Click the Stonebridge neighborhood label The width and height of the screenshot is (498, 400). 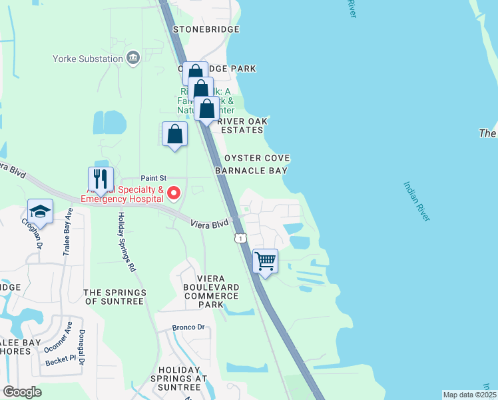pyautogui.click(x=206, y=30)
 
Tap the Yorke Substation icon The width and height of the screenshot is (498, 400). pyautogui.click(x=133, y=59)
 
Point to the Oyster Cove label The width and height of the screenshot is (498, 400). pyautogui.click(x=257, y=158)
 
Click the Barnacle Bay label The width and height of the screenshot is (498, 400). pyautogui.click(x=251, y=171)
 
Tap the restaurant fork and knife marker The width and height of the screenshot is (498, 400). pyautogui.click(x=101, y=179)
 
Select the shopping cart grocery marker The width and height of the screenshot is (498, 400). pyautogui.click(x=266, y=261)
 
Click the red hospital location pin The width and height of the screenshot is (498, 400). pyautogui.click(x=174, y=194)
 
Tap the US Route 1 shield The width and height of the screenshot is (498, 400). pyautogui.click(x=240, y=238)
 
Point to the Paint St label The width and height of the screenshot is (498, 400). pyautogui.click(x=153, y=179)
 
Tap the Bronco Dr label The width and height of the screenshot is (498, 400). pyautogui.click(x=186, y=327)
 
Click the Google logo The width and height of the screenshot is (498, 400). pyautogui.click(x=22, y=392)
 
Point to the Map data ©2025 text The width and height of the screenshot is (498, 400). pyautogui.click(x=469, y=395)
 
